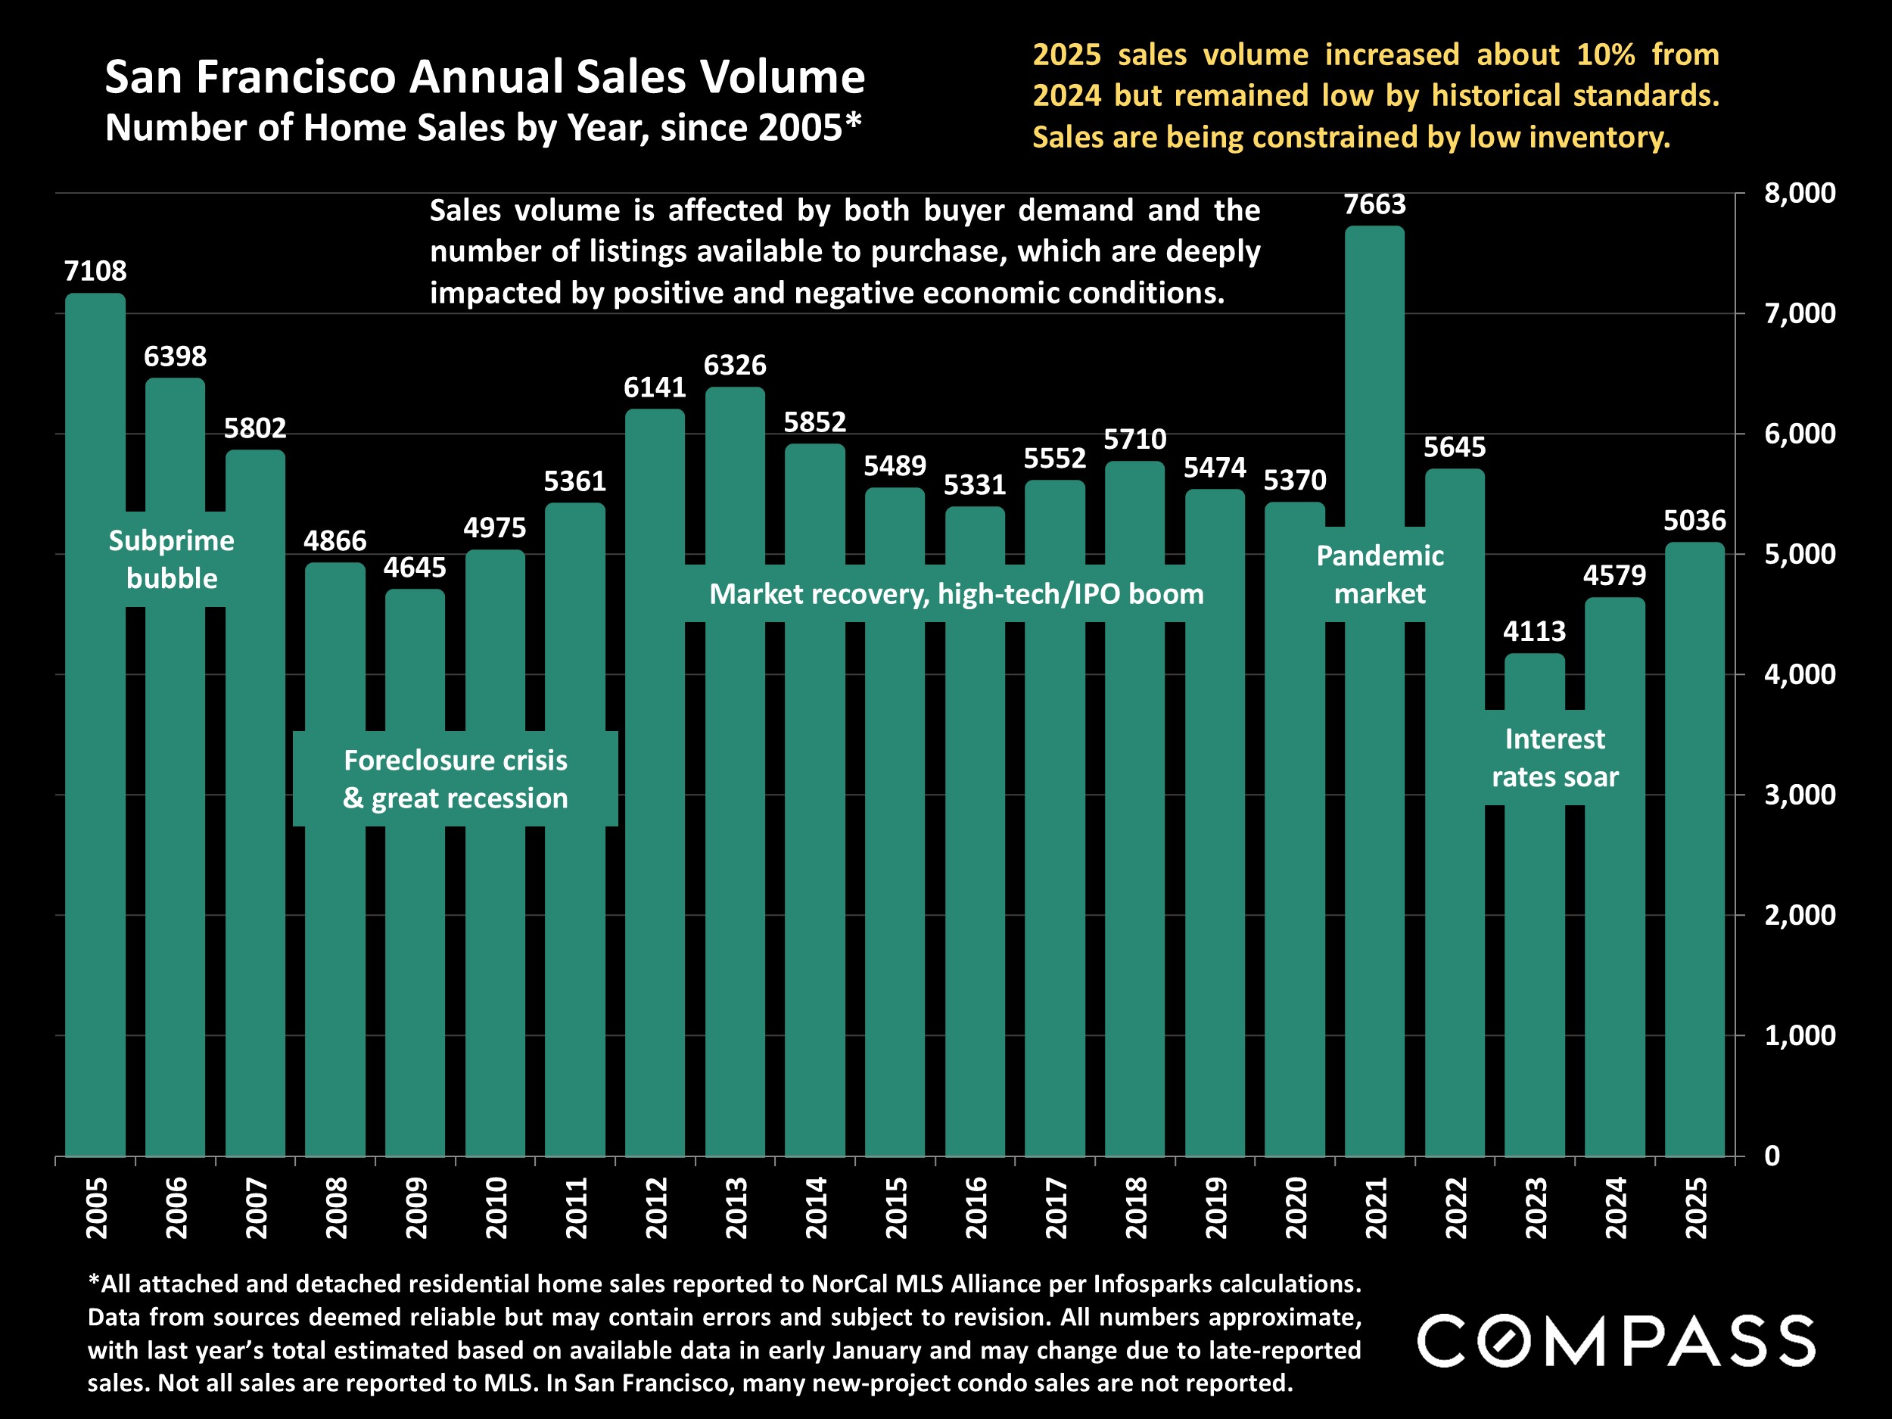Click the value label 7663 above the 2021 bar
click(x=1374, y=205)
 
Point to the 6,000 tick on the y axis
click(x=1799, y=434)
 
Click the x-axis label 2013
click(x=736, y=1208)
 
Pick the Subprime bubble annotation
click(x=172, y=559)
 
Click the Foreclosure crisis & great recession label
click(x=455, y=778)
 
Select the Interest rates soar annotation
click(x=1554, y=758)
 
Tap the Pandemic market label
click(x=1380, y=574)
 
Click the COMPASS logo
click(x=1616, y=1341)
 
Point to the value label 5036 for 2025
click(x=1694, y=521)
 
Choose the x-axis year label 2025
click(x=1695, y=1208)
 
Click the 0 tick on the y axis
click(x=1772, y=1156)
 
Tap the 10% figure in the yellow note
click(x=1605, y=54)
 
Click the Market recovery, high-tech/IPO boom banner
click(x=957, y=593)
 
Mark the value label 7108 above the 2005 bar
click(x=95, y=271)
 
